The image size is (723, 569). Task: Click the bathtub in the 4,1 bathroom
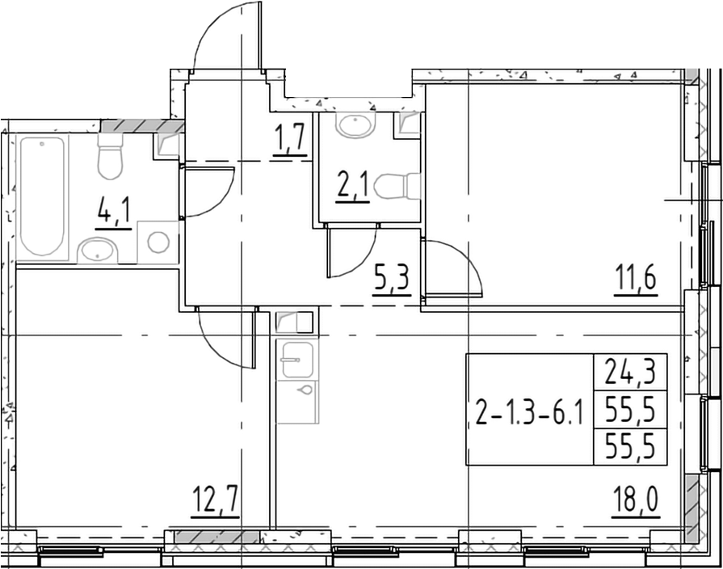pyautogui.click(x=42, y=196)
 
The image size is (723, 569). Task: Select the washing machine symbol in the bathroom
pyautogui.click(x=158, y=242)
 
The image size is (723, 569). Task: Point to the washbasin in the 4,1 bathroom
pyautogui.click(x=98, y=251)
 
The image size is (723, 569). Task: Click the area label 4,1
pyautogui.click(x=113, y=215)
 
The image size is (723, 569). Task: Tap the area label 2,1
pyautogui.click(x=353, y=189)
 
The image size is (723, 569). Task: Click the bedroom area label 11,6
pyautogui.click(x=638, y=282)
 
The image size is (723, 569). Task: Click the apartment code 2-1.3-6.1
pyautogui.click(x=529, y=415)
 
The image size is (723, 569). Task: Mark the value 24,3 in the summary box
pyautogui.click(x=630, y=372)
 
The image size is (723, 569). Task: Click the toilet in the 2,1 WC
pyautogui.click(x=398, y=186)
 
